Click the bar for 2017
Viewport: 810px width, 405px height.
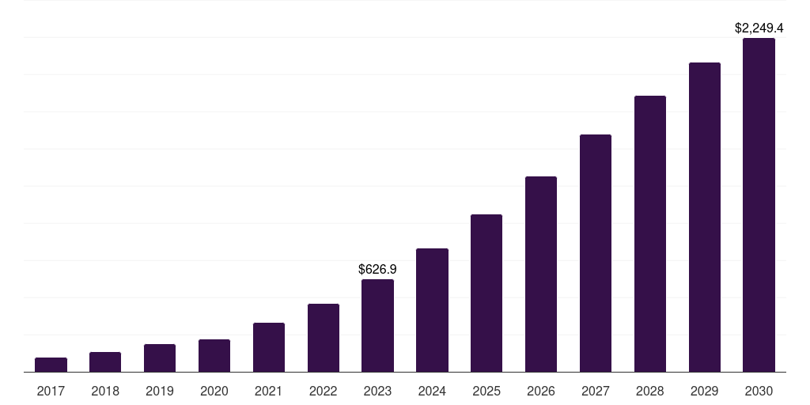(x=51, y=365)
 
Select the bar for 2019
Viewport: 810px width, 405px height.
(x=160, y=358)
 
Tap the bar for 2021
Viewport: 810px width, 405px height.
(x=269, y=347)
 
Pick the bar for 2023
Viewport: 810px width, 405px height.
(x=377, y=325)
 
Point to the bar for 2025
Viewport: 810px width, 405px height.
(x=486, y=293)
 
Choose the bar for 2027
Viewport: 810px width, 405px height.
(x=596, y=253)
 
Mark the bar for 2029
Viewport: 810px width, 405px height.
(x=705, y=217)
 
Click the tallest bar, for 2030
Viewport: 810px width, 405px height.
(x=759, y=205)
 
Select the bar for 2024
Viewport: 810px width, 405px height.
(x=432, y=310)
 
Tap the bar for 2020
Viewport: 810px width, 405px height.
(x=214, y=355)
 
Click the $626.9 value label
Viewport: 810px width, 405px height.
(x=377, y=270)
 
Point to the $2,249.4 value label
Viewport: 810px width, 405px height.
(x=759, y=28)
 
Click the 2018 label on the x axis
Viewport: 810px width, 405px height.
(x=105, y=391)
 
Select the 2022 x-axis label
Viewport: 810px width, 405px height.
(x=324, y=391)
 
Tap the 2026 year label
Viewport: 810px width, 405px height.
(x=541, y=391)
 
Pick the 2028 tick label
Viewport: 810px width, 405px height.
(x=650, y=391)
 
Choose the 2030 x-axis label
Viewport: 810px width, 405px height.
(x=759, y=391)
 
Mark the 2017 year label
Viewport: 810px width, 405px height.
(x=51, y=391)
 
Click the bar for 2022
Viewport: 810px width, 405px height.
(x=324, y=338)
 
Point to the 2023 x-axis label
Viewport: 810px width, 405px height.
(x=377, y=391)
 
